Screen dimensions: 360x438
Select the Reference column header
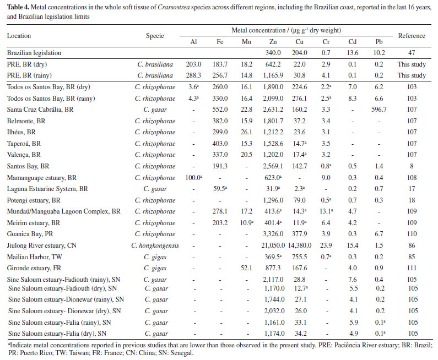coord(412,36)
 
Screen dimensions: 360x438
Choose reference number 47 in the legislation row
coord(412,53)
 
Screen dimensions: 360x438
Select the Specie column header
coord(155,36)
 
